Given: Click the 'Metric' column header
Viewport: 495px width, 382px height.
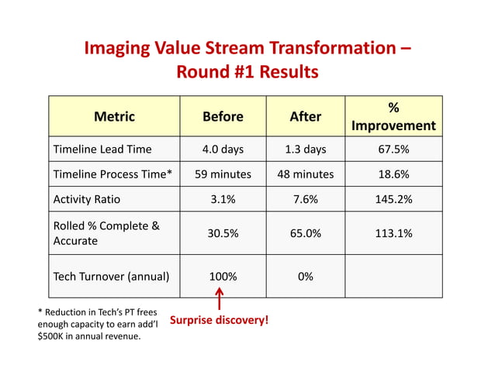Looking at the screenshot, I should coord(114,116).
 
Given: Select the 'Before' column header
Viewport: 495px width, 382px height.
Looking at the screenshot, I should coord(223,116).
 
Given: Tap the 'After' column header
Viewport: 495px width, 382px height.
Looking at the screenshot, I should coord(305,116).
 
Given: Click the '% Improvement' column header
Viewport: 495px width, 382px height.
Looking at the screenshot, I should coord(393,116).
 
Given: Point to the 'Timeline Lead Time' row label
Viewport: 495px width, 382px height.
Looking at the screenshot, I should coord(102,150).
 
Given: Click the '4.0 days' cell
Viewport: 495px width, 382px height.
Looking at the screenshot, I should coord(223,150).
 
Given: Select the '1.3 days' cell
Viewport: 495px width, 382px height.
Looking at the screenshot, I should coord(305,150).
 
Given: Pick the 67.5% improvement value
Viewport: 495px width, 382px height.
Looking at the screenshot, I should coord(393,150).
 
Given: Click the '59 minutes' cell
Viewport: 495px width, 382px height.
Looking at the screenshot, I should coord(223,174).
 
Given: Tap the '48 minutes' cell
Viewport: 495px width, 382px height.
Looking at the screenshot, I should coord(305,174).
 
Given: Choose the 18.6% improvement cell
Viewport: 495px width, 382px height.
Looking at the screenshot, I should coord(393,174).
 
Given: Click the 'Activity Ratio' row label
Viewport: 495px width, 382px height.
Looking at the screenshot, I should coord(86,199).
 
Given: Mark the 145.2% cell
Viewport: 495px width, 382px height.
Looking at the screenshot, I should coord(393,199).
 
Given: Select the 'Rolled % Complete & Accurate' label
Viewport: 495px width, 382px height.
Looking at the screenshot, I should coord(106,233).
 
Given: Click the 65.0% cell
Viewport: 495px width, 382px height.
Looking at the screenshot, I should coord(305,233).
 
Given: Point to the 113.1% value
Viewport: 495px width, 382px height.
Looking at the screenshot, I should coord(393,233).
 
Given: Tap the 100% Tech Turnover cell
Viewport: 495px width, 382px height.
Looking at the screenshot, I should coord(223,276).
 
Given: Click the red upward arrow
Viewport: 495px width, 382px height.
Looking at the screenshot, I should coord(220,299).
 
